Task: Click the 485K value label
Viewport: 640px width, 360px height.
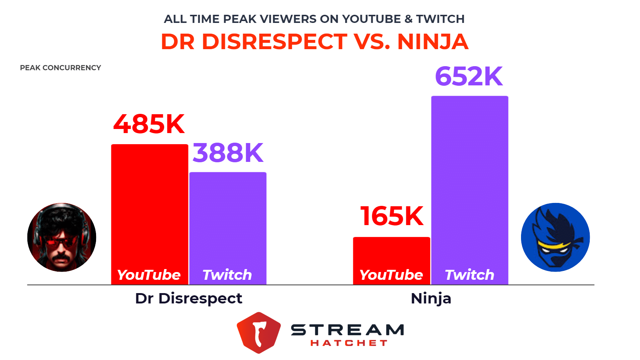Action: click(x=149, y=124)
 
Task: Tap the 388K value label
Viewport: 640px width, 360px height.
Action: click(x=228, y=153)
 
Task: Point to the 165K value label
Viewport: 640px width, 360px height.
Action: click(x=392, y=216)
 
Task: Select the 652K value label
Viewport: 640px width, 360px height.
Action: click(x=469, y=77)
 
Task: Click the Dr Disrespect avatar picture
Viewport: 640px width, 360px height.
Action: click(x=62, y=237)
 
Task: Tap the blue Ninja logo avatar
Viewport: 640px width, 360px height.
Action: click(x=555, y=237)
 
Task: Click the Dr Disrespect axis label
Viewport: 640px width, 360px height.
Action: click(x=188, y=299)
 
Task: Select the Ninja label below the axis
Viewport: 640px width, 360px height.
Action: click(x=431, y=299)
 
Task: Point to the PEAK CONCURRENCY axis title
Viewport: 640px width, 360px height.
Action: click(x=60, y=68)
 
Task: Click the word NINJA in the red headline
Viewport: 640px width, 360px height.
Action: click(x=433, y=42)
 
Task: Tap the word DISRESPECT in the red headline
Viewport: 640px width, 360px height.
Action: click(x=274, y=42)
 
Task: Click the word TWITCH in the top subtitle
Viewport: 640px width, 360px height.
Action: click(x=440, y=19)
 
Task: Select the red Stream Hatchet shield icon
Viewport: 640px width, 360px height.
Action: click(x=259, y=332)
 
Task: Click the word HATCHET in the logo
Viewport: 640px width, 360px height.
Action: click(x=348, y=343)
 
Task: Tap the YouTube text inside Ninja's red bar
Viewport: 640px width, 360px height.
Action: click(x=391, y=275)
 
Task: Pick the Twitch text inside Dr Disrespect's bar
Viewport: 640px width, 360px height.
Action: click(x=227, y=275)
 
